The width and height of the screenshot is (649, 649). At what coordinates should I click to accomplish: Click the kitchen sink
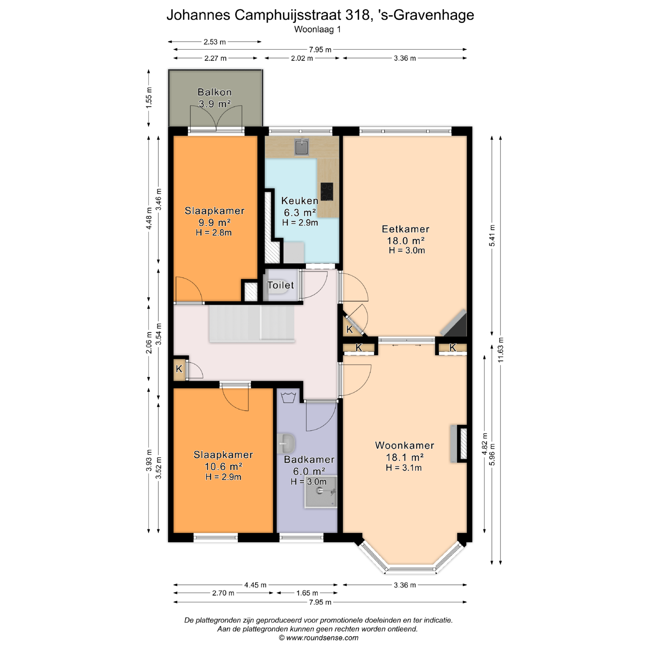pos(302,147)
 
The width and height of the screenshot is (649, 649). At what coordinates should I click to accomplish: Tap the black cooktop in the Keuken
pos(327,192)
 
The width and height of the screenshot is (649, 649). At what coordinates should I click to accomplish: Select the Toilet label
pos(281,285)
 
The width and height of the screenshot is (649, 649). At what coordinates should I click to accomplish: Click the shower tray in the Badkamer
pos(321,492)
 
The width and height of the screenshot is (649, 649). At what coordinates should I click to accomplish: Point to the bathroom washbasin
pos(286,443)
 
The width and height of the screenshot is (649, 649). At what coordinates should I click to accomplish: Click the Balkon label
pos(215,92)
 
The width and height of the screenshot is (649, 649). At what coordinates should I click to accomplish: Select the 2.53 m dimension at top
pos(215,42)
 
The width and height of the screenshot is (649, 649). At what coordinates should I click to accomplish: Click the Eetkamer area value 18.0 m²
pos(406,241)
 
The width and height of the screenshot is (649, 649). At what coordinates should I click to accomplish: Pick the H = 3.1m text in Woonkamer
pos(404,468)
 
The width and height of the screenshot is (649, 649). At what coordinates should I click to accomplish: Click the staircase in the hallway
pos(252,323)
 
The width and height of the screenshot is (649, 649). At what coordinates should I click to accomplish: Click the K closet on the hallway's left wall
pos(179,368)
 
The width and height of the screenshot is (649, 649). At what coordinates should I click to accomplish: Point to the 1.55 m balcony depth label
pos(149,98)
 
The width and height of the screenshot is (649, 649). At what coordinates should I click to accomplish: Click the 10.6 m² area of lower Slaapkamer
pos(223,466)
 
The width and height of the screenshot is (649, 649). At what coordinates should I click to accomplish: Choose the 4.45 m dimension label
pos(255,585)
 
